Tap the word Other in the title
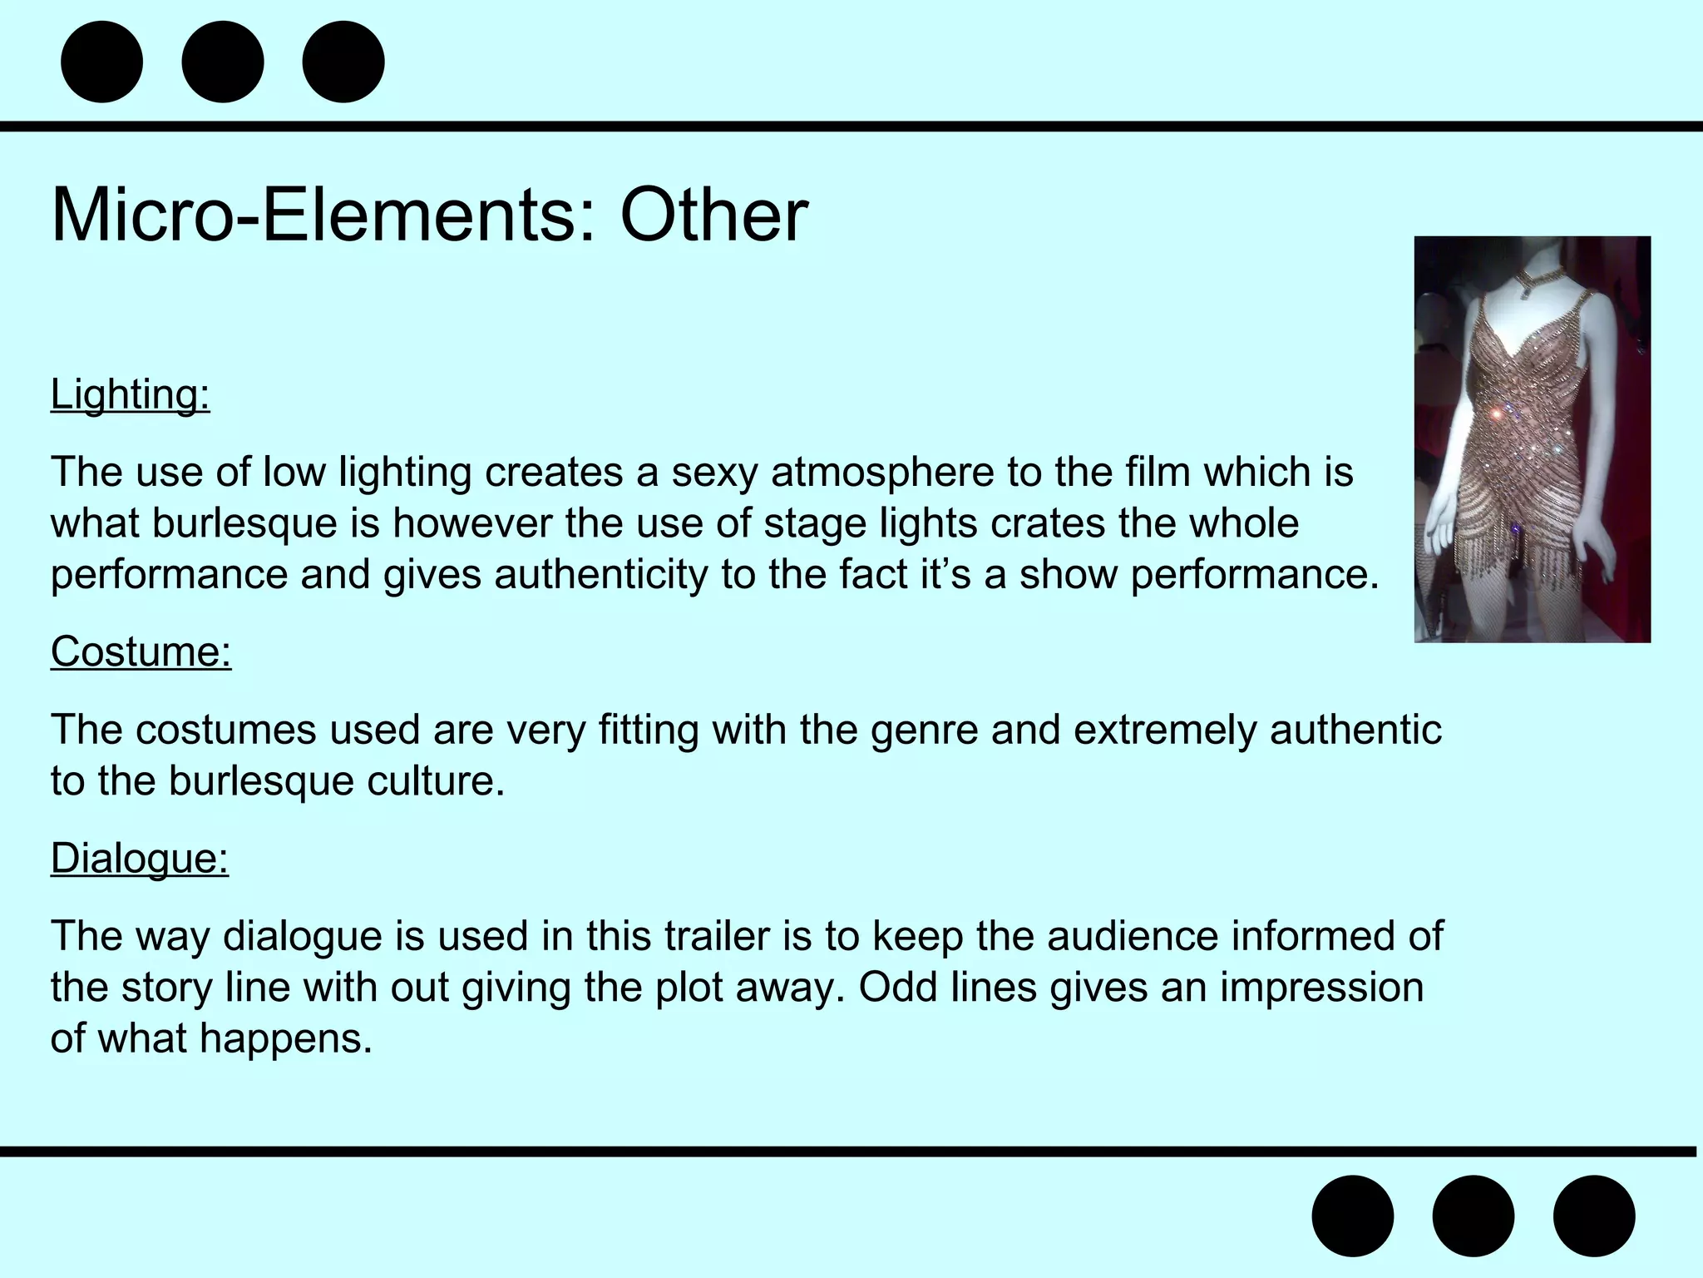point(713,215)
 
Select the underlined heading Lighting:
point(131,394)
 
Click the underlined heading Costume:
point(141,651)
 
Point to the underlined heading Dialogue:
point(140,858)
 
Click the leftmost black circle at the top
point(102,62)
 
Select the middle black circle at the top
point(223,62)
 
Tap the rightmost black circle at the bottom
point(1594,1216)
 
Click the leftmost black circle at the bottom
point(1353,1216)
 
